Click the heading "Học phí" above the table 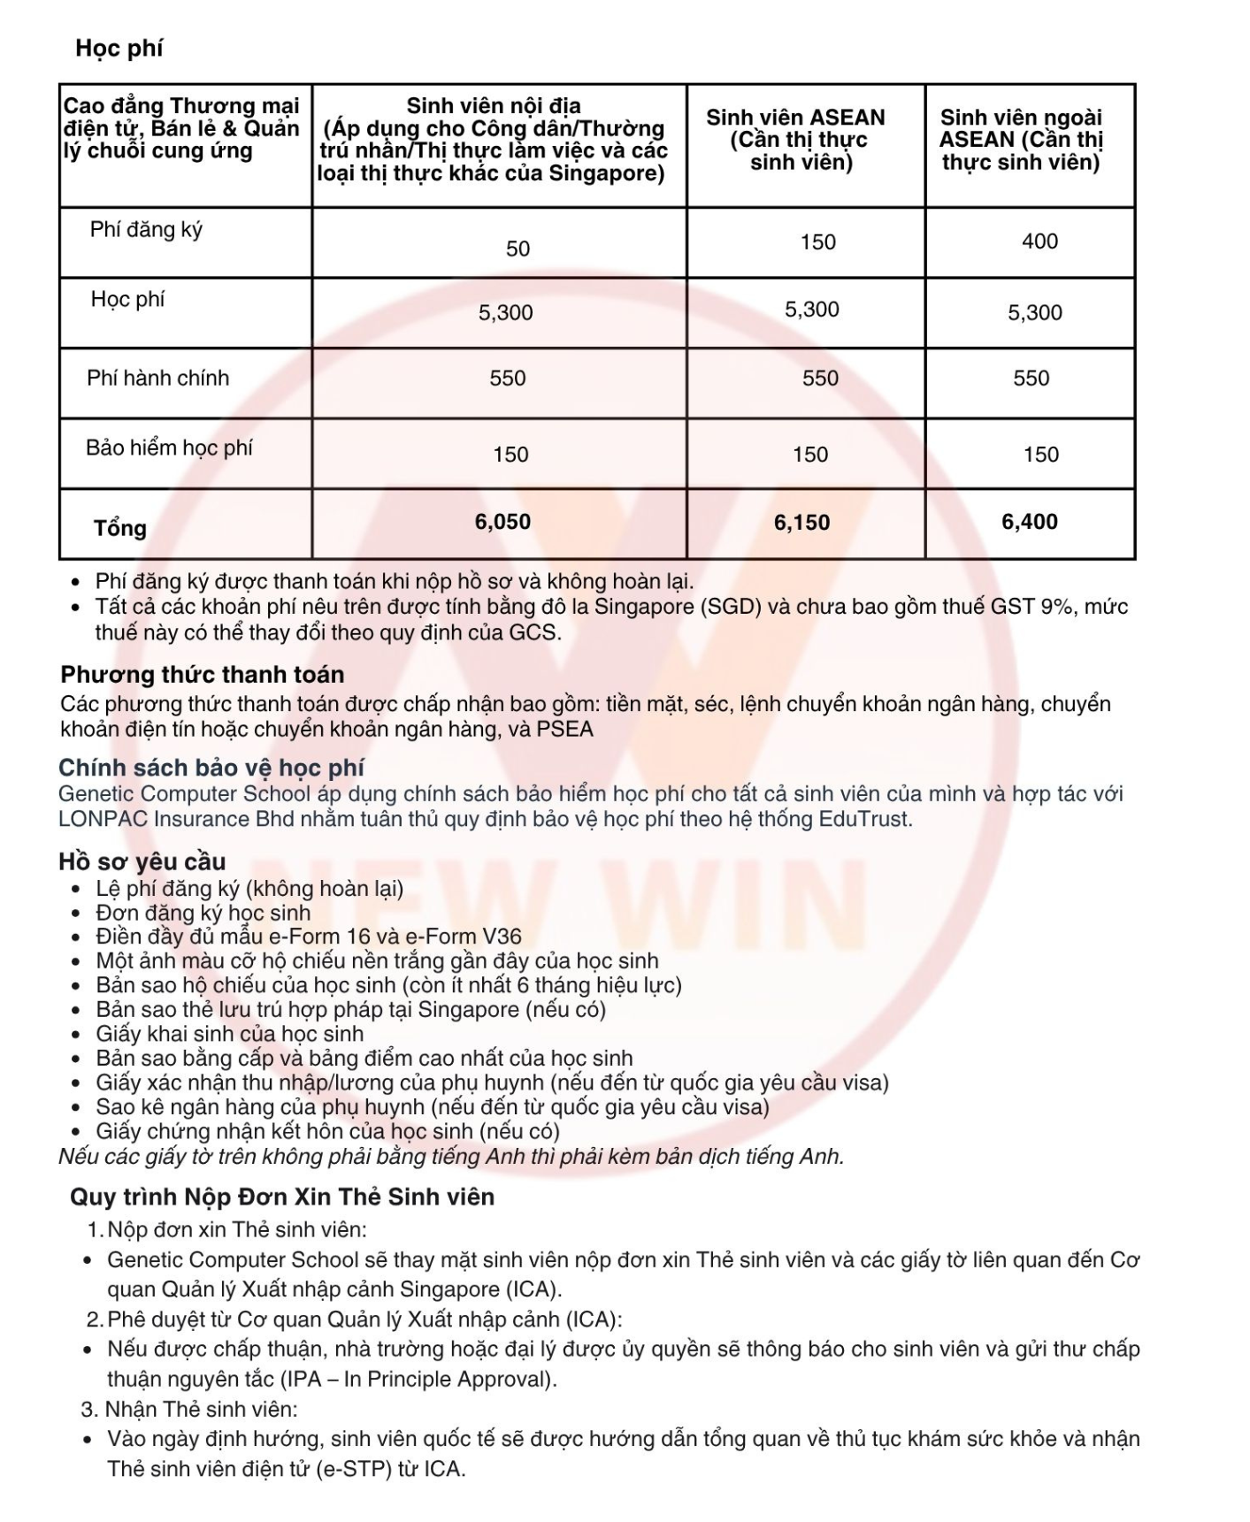click(x=119, y=48)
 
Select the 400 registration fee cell click(x=1039, y=241)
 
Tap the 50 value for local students click(x=518, y=249)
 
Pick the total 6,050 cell click(x=502, y=522)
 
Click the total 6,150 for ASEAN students click(x=801, y=523)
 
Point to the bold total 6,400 click(x=1029, y=522)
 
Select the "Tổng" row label click(x=120, y=528)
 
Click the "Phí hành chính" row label click(x=157, y=379)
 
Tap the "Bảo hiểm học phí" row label click(x=169, y=447)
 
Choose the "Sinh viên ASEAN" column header click(x=795, y=118)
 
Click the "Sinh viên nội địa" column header click(x=494, y=106)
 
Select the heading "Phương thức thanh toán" click(x=202, y=675)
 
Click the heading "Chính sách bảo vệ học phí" click(x=211, y=768)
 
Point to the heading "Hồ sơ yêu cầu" click(x=142, y=861)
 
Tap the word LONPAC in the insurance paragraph click(x=103, y=819)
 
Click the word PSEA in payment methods click(x=565, y=730)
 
